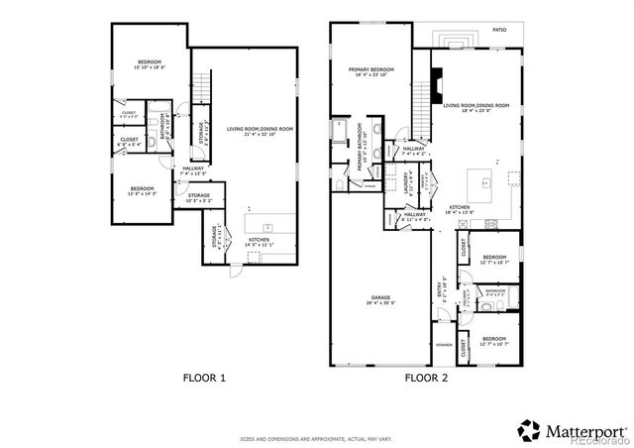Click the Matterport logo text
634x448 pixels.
click(x=581, y=430)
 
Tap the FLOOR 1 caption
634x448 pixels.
click(x=205, y=378)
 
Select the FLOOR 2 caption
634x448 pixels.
click(x=427, y=378)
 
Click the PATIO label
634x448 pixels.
click(x=500, y=31)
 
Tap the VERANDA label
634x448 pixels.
click(x=444, y=345)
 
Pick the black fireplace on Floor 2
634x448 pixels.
click(x=433, y=79)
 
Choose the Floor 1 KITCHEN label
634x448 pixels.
click(x=260, y=241)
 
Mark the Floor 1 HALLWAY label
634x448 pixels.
click(x=193, y=169)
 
